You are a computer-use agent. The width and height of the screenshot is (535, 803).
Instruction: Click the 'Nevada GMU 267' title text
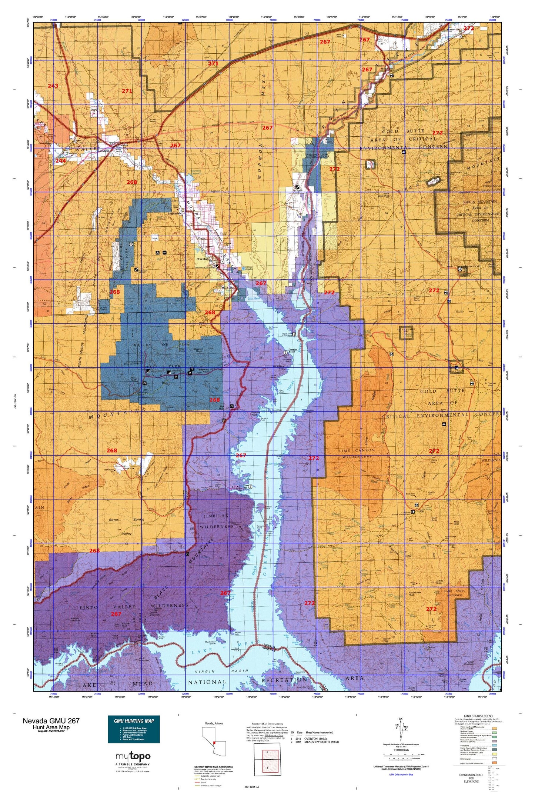click(x=51, y=720)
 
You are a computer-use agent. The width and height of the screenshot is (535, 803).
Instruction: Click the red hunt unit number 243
click(x=53, y=86)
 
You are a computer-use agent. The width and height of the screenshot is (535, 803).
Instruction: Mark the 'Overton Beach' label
click(x=293, y=351)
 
